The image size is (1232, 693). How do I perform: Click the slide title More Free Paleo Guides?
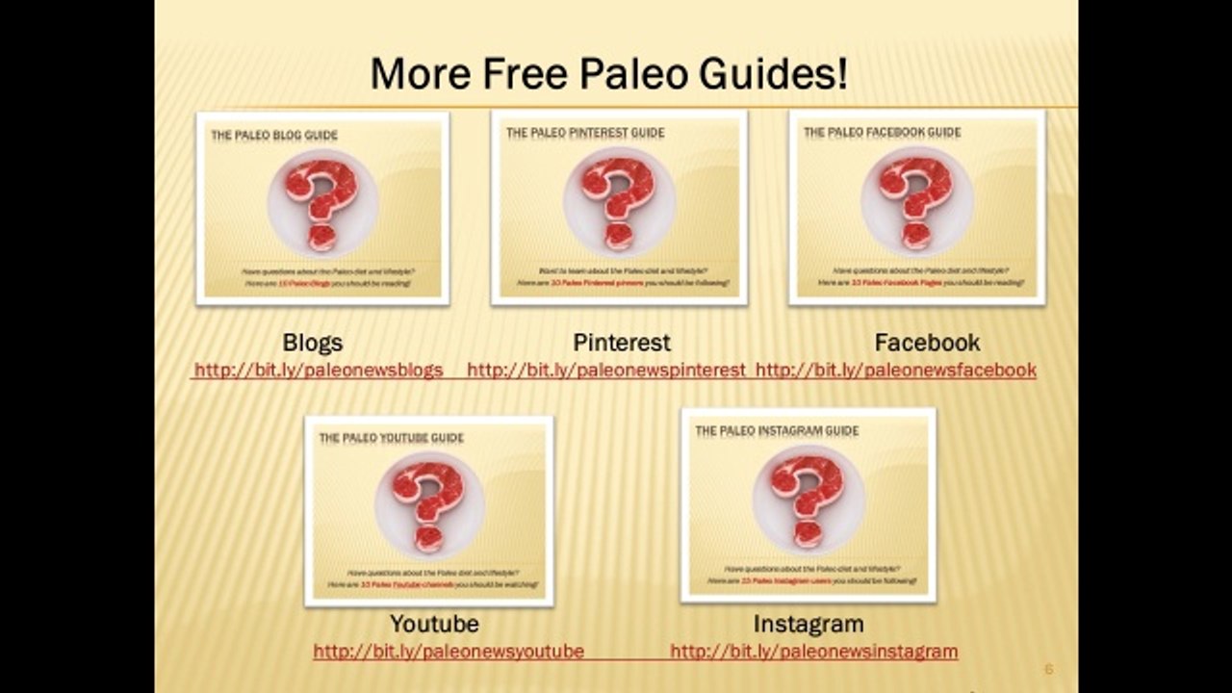(609, 74)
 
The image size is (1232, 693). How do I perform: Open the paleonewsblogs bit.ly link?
(319, 370)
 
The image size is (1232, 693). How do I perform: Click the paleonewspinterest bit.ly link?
(606, 370)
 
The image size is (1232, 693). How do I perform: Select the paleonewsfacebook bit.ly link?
(896, 370)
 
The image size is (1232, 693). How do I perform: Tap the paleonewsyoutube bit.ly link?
(449, 652)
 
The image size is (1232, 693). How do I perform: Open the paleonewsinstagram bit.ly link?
(813, 652)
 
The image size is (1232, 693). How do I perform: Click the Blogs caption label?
(313, 343)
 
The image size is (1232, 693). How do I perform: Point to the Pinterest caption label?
(622, 343)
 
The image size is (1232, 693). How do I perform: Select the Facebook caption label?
(927, 343)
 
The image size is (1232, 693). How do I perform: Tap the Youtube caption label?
(434, 624)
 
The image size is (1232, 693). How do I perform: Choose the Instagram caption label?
(808, 624)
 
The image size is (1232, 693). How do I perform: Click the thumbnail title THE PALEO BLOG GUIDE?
(274, 136)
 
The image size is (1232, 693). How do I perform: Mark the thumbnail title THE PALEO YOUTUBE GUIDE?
(391, 438)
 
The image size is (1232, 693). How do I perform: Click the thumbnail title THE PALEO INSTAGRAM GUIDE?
(777, 430)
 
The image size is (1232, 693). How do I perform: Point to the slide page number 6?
(1049, 669)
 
